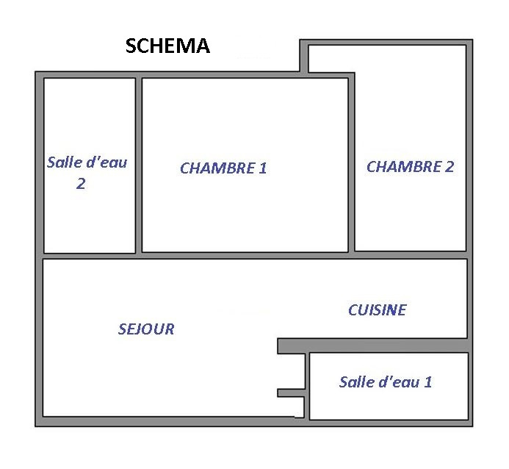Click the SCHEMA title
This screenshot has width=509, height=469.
(167, 46)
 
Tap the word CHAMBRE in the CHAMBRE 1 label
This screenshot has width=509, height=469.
(217, 168)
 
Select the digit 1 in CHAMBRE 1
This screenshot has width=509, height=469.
(263, 168)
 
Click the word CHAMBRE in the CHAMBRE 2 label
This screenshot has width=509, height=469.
(404, 167)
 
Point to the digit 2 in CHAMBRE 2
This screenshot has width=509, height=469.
(450, 167)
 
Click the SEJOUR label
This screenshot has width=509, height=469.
(146, 329)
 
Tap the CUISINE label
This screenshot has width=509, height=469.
(378, 310)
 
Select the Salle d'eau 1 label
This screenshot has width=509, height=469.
(386, 382)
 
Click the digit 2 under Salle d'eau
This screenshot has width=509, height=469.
(81, 184)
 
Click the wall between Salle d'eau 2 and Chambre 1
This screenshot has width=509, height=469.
(139, 165)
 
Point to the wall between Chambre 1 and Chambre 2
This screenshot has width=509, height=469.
(351, 162)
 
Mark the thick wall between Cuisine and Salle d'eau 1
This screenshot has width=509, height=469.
(373, 346)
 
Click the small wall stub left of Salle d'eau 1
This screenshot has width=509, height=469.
(291, 393)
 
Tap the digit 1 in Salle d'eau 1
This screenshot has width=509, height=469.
(428, 382)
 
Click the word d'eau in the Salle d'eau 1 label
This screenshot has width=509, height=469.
(399, 382)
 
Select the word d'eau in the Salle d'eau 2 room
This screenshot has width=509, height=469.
(104, 162)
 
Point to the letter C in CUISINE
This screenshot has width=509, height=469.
(353, 310)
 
